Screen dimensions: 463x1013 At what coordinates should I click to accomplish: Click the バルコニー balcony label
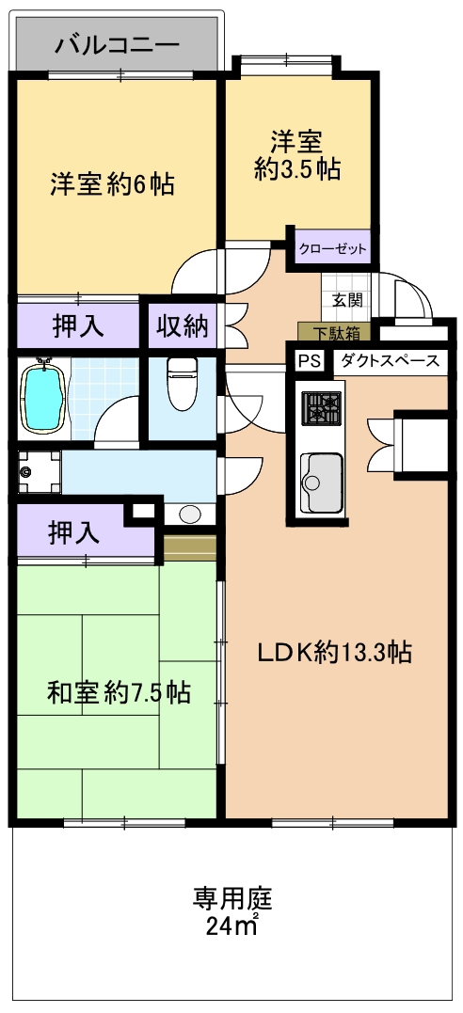click(x=117, y=44)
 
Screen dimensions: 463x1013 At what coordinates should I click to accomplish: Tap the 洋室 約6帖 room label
click(x=113, y=185)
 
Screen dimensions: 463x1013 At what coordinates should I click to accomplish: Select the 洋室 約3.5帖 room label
click(x=296, y=155)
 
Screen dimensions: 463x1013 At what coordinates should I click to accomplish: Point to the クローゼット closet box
click(x=332, y=248)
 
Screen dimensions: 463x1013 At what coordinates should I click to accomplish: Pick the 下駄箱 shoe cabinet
click(x=334, y=333)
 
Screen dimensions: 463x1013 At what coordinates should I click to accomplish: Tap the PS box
click(x=309, y=361)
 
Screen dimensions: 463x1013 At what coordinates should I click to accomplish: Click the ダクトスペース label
click(x=390, y=361)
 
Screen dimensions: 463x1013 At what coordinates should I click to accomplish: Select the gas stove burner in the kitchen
click(x=322, y=408)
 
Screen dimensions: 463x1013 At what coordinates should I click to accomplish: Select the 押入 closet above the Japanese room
click(x=73, y=531)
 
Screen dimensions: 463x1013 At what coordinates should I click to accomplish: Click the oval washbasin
click(x=189, y=514)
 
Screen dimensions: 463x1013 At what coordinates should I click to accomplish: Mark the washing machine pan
click(x=39, y=471)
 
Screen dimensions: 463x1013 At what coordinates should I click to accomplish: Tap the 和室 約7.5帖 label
click(x=119, y=693)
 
